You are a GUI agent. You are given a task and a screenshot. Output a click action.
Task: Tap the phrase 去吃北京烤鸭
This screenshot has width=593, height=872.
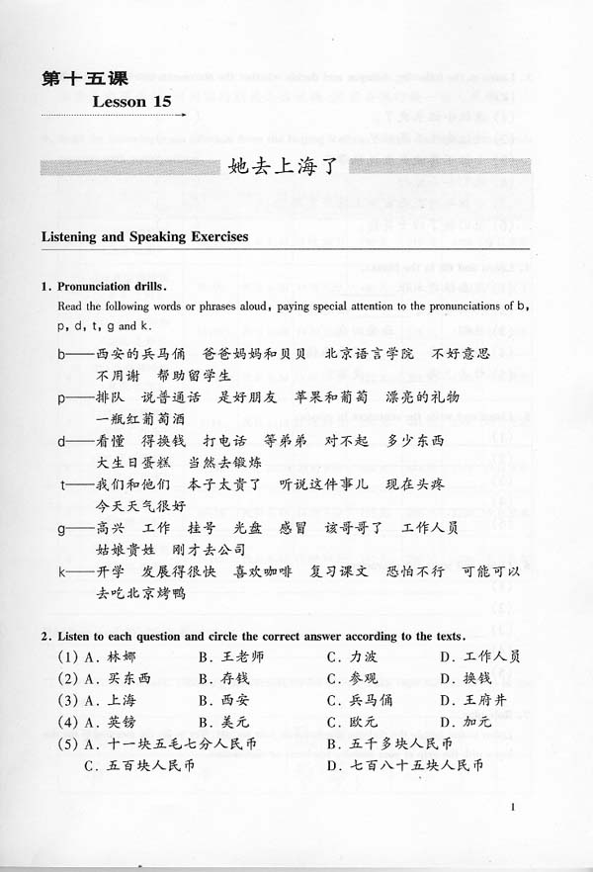click(141, 593)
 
